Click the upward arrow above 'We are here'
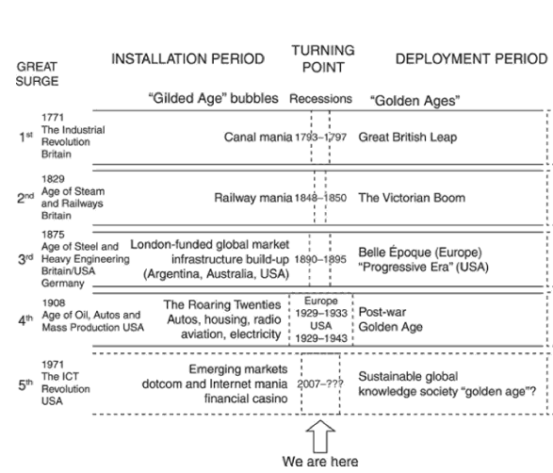tap(320, 436)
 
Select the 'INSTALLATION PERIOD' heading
tap(188, 59)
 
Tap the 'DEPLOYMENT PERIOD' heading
tap(472, 59)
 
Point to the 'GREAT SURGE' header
tap(37, 73)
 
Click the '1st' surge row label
tap(25, 137)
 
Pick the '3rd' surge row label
tap(25, 259)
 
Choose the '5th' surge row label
tap(25, 384)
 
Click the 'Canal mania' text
tap(258, 137)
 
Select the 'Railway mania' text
tap(253, 198)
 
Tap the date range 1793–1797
tap(320, 137)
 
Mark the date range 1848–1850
tap(320, 198)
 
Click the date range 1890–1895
tap(320, 260)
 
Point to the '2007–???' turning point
tap(320, 383)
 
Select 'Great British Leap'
tap(408, 137)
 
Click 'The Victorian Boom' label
tap(412, 198)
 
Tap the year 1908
tap(54, 303)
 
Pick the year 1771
tap(53, 117)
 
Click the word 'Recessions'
tap(320, 99)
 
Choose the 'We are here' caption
tap(320, 462)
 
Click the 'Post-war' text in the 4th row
tap(382, 312)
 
